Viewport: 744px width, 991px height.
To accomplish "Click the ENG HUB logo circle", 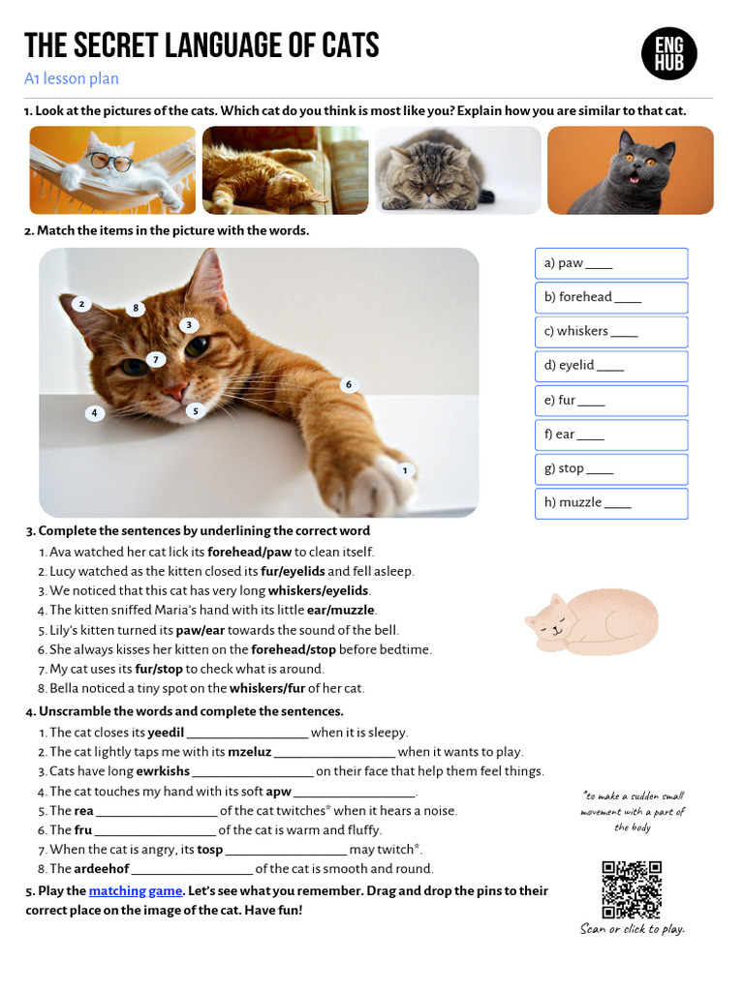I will coord(669,53).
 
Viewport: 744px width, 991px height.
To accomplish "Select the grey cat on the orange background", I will coord(630,169).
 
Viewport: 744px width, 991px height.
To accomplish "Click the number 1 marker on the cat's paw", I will coord(405,471).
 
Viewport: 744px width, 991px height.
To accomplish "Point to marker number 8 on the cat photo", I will coord(136,309).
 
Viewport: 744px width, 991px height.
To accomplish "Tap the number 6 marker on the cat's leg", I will coord(348,385).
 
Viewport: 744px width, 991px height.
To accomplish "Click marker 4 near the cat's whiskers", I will coord(94,413).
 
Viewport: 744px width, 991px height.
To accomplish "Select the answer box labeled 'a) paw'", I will coord(610,263).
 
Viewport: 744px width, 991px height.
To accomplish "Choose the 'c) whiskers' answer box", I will coord(610,332).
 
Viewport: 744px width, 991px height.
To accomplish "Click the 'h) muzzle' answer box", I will coord(610,503).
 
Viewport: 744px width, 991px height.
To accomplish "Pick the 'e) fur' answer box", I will coord(610,401).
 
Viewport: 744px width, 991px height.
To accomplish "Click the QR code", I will coord(632,889).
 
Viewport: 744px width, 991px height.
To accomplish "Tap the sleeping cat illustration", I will coord(592,623).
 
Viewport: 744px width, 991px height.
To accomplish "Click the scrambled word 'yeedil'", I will coord(165,733).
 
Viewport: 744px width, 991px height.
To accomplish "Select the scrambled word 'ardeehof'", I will coord(102,869).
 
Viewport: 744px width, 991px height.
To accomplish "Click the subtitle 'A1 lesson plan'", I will coord(72,79).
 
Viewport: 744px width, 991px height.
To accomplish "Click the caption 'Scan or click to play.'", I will coord(632,929).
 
